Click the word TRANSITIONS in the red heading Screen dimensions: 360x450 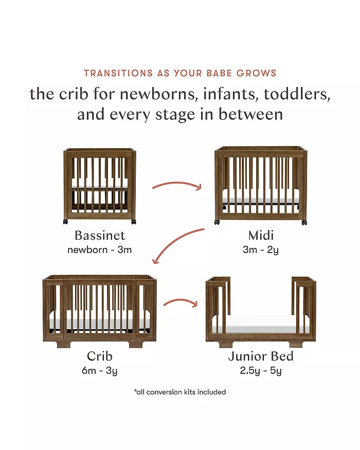118,73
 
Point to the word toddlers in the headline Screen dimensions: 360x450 297,94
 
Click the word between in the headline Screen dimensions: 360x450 250,114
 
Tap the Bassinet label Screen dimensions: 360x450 100,236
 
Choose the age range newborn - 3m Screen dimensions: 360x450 100,249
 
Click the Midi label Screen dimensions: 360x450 261,236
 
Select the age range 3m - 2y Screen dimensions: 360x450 261,250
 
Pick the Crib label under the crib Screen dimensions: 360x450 100,356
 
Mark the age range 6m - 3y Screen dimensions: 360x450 100,371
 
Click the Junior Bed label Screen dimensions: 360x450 261,356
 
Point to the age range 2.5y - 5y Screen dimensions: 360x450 261,371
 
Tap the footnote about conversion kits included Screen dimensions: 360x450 180,392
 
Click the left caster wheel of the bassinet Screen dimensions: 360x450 65,222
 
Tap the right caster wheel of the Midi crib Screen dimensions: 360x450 304,222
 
